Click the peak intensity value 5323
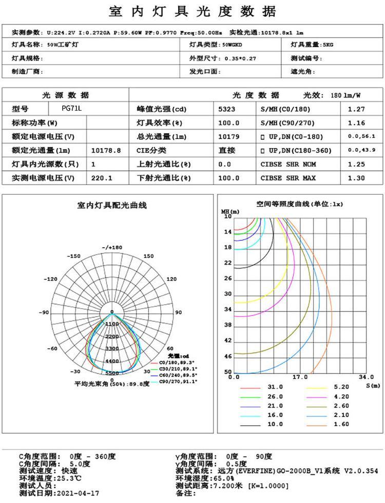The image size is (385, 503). (x=228, y=109)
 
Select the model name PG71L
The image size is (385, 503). (x=71, y=109)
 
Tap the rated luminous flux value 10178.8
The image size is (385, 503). (x=106, y=151)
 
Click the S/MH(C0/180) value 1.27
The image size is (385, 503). (x=356, y=109)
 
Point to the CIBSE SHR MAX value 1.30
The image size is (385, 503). (x=356, y=178)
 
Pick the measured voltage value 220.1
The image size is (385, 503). (x=102, y=178)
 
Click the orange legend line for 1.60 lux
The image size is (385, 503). (x=318, y=424)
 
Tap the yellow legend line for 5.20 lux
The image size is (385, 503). (x=318, y=387)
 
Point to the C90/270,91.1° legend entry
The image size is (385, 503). (x=178, y=381)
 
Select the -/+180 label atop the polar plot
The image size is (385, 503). (x=112, y=248)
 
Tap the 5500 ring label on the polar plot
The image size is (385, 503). (x=112, y=373)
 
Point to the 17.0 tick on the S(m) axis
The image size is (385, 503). (x=300, y=377)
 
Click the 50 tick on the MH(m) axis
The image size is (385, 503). (x=227, y=372)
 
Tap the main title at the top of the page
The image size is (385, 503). (x=192, y=11)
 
